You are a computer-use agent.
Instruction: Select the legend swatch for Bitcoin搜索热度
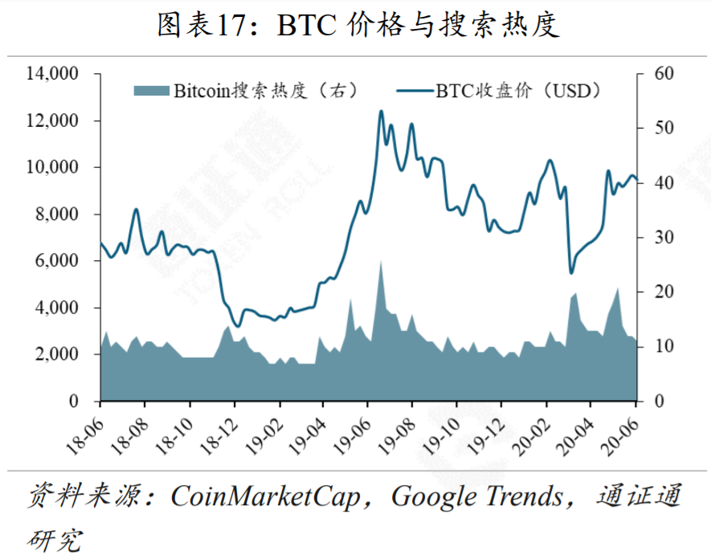point(151,91)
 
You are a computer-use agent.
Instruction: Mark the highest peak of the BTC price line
point(381,111)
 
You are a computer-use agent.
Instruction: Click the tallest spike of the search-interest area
point(380,261)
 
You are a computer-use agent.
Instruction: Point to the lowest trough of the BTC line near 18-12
point(236,325)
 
